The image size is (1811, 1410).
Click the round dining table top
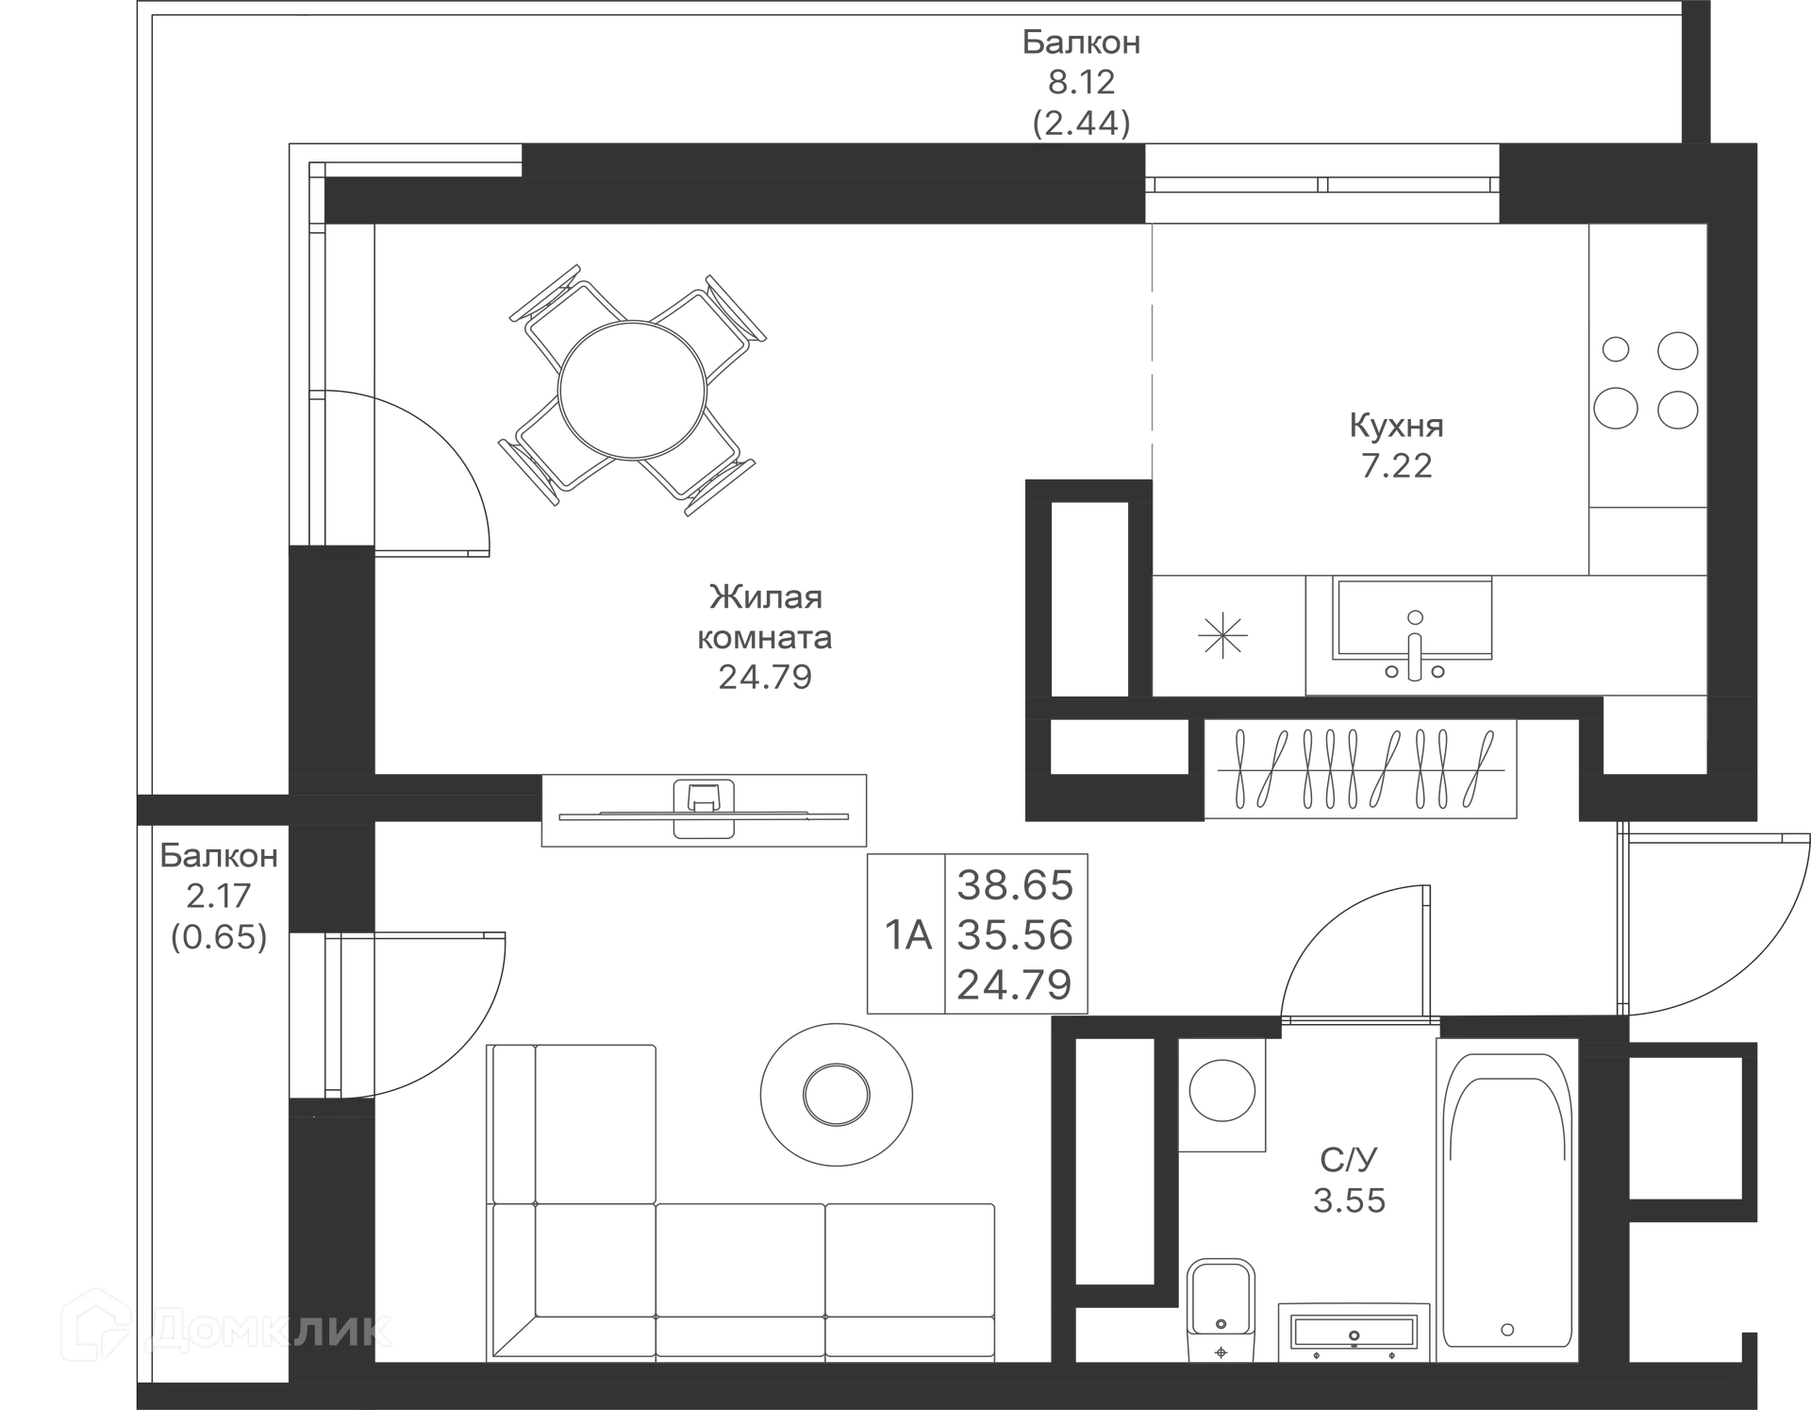[x=630, y=389]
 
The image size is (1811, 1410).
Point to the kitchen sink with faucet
[x=1413, y=628]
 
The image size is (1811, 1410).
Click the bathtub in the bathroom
[x=1507, y=1199]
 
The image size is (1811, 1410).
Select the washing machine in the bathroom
[x=1224, y=1093]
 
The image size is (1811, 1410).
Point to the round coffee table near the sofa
[x=837, y=1093]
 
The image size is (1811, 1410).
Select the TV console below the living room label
[x=703, y=809]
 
